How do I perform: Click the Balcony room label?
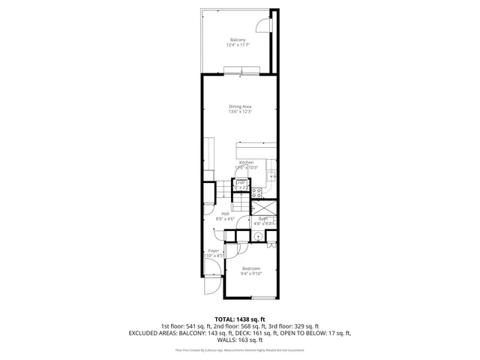click(237, 40)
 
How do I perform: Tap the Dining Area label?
click(240, 106)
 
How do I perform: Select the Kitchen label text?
click(246, 162)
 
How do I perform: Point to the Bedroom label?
click(251, 268)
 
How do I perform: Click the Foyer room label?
click(213, 250)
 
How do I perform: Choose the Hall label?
click(225, 214)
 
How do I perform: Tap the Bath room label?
click(263, 218)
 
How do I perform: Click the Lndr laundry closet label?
click(241, 182)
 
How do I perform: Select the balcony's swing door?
click(262, 25)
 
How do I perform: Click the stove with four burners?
click(241, 191)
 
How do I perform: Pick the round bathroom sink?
click(258, 235)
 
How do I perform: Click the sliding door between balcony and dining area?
click(241, 71)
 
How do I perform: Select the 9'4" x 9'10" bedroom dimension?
click(251, 274)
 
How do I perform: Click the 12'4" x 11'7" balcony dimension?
click(237, 45)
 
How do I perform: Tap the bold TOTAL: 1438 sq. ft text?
click(240, 319)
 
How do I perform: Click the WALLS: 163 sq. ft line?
click(240, 340)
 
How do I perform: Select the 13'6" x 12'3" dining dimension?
click(240, 112)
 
